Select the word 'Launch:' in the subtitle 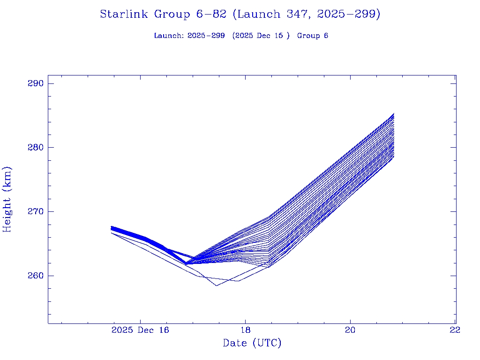[169, 36]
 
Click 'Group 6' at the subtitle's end [313, 36]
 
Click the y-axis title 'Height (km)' [7, 199]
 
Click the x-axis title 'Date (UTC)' [252, 343]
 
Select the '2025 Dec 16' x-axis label [140, 330]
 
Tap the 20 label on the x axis [350, 330]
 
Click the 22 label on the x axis [455, 330]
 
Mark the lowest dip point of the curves [217, 285]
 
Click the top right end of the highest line [394, 113]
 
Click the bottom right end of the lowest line [394, 157]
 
